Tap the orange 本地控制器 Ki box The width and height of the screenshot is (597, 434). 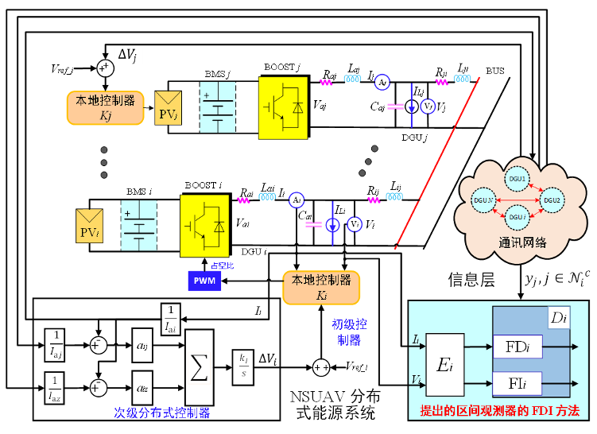(x=321, y=286)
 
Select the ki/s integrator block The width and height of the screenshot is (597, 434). (x=241, y=366)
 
